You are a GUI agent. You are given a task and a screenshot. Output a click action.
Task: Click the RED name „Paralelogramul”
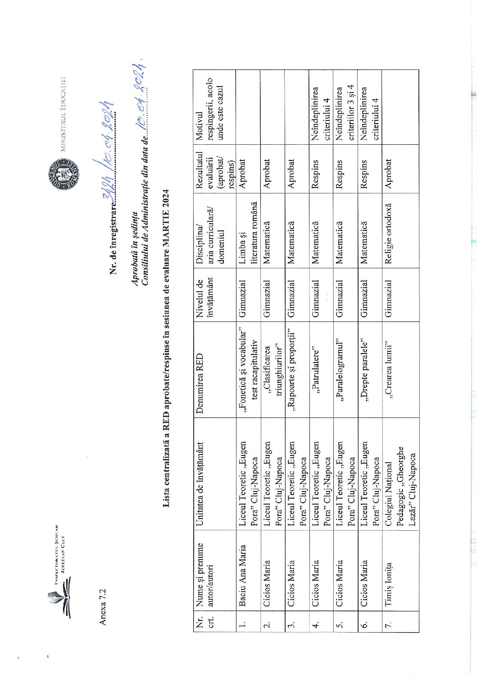coord(340,369)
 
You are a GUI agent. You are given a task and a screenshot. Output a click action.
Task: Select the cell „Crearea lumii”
coord(388,370)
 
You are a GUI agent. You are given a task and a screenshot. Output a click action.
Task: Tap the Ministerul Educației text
coord(64,113)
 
